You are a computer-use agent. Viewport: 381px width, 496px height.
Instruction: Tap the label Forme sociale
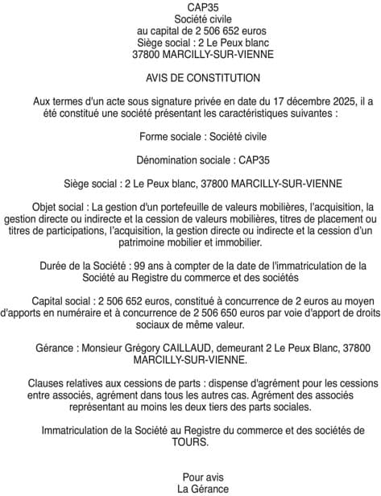coord(168,137)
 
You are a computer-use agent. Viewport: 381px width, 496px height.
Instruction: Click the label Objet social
coord(60,206)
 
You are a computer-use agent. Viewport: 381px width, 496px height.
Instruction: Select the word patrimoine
coord(147,242)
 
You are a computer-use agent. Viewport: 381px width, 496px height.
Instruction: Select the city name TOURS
coord(190,442)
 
